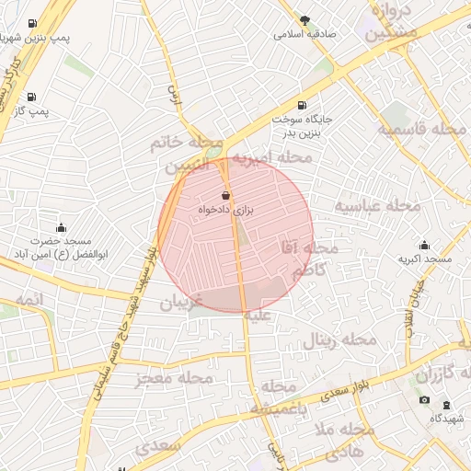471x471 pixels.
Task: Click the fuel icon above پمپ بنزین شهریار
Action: tap(33, 23)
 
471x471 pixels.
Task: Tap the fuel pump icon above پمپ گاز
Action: tap(32, 96)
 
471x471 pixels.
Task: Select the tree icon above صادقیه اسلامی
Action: tap(304, 19)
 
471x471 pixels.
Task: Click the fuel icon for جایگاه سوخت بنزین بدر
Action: tap(304, 105)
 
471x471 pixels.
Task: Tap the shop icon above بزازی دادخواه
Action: tap(226, 194)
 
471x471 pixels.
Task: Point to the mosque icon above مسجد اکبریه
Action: tap(424, 245)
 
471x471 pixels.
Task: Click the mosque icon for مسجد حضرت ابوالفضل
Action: tap(62, 227)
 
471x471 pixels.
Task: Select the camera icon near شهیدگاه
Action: tap(424, 399)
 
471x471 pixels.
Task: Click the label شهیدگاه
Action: tap(448, 418)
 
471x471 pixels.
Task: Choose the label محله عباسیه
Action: tap(376, 205)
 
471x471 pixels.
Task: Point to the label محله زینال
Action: tap(339, 341)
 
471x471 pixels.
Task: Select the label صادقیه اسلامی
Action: tap(304, 34)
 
